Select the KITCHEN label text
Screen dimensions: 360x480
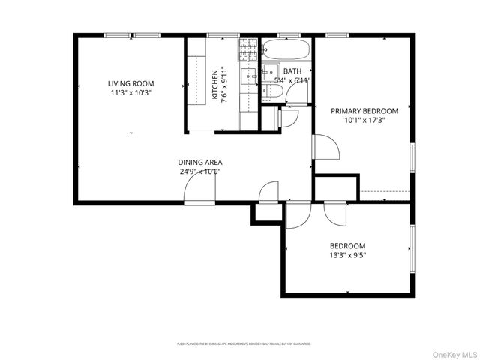point(215,85)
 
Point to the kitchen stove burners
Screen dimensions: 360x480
point(248,50)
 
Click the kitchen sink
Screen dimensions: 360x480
point(248,75)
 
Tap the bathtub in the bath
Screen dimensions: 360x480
point(286,50)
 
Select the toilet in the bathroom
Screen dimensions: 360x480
point(273,91)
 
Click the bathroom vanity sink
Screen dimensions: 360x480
point(269,73)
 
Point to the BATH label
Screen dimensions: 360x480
point(292,71)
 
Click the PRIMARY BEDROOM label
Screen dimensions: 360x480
point(365,110)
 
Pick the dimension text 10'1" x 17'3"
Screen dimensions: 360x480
point(364,120)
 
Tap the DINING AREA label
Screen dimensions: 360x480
point(199,162)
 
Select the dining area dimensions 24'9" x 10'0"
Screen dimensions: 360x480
point(199,171)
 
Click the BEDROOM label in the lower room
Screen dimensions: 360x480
point(347,246)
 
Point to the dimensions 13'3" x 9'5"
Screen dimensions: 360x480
point(347,255)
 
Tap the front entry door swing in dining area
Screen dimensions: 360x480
point(199,193)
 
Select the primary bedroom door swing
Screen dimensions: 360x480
point(325,148)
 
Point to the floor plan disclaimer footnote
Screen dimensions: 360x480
point(244,343)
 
